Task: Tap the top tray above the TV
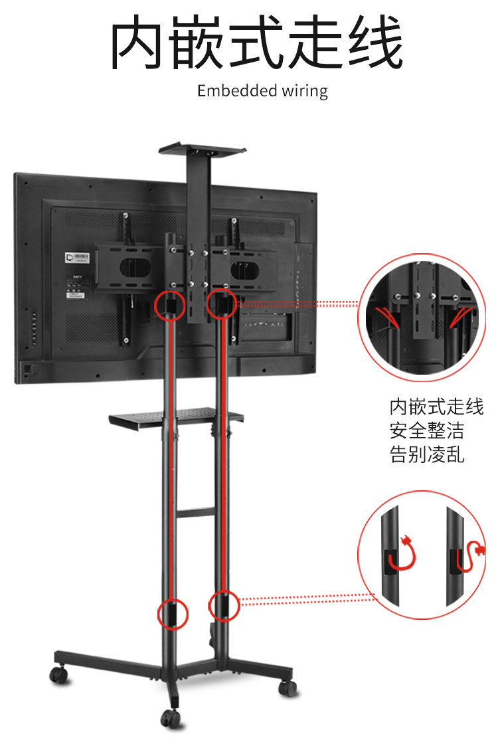(x=202, y=148)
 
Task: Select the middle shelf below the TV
(x=176, y=418)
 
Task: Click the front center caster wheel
(x=171, y=717)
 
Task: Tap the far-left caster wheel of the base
(x=59, y=674)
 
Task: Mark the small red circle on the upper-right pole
(x=220, y=304)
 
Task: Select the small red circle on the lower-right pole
(x=224, y=605)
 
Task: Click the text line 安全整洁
(x=427, y=430)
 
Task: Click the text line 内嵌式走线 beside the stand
(x=436, y=407)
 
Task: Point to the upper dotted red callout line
(x=299, y=304)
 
